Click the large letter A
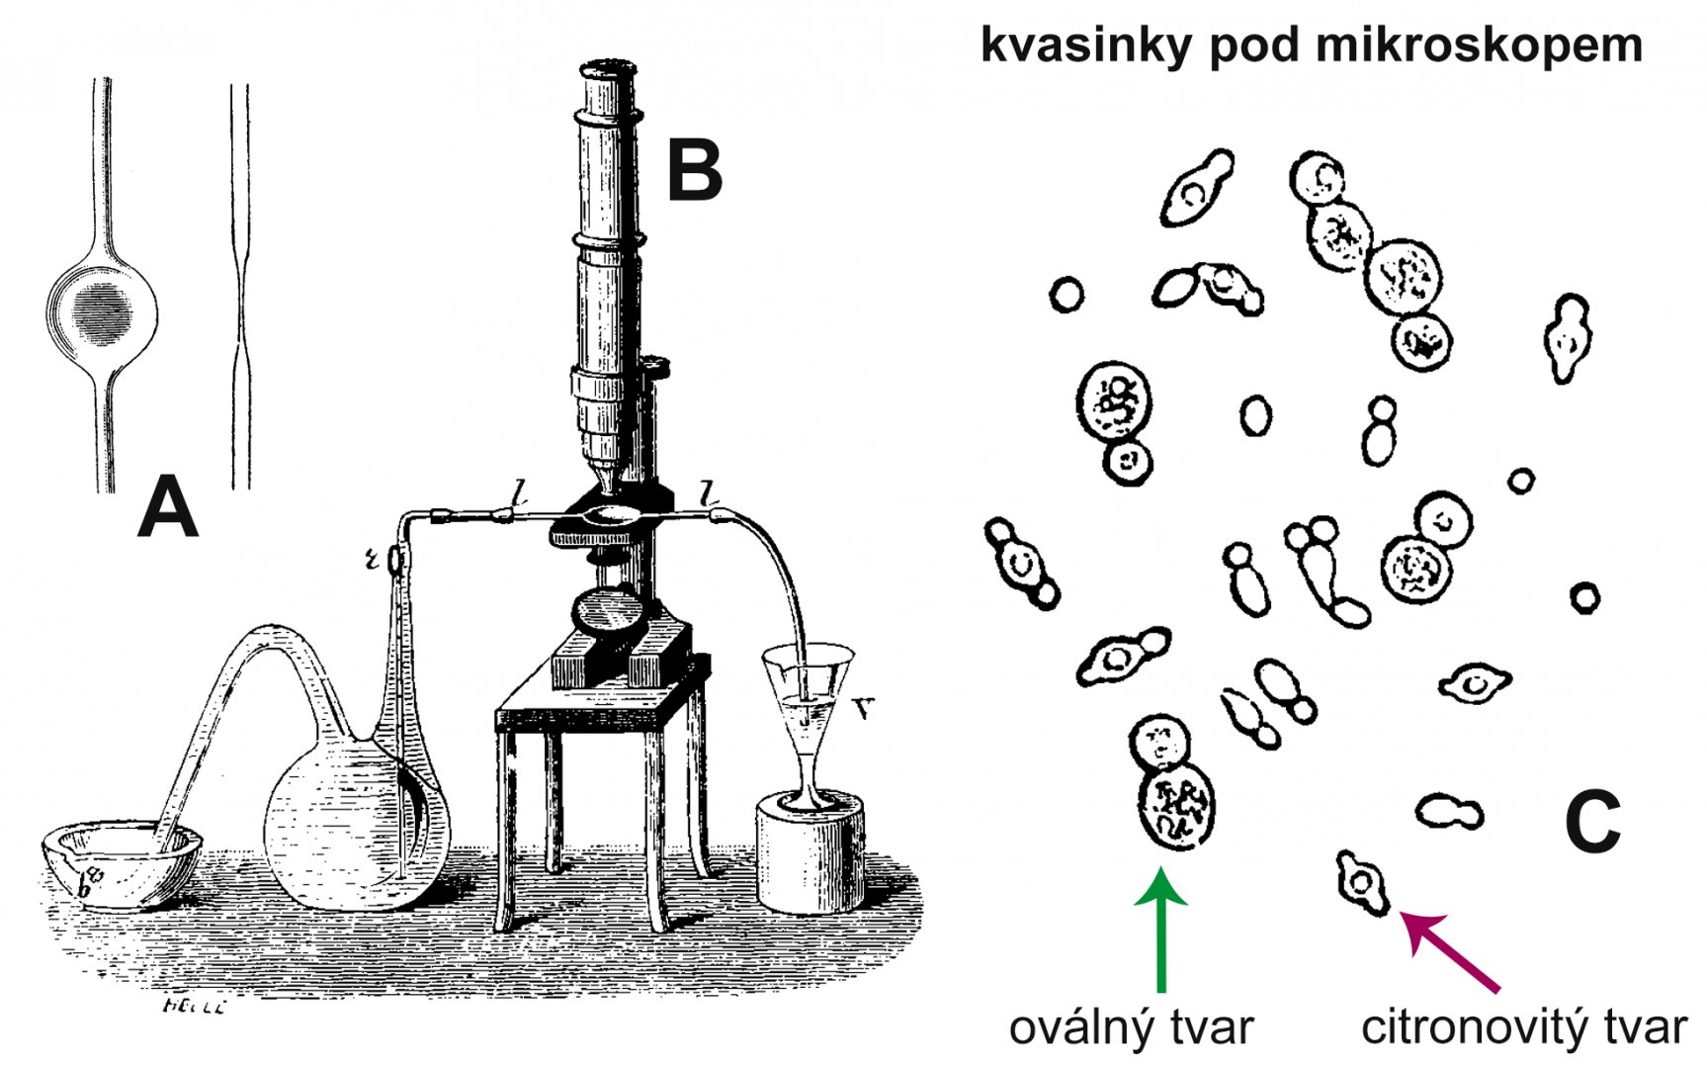[168, 505]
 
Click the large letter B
[695, 169]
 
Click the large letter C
[1592, 822]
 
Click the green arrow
[1161, 930]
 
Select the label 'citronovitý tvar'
[1523, 1028]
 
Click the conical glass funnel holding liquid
[808, 692]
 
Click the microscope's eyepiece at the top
[608, 72]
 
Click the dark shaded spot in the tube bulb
[103, 311]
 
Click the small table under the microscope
[603, 722]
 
